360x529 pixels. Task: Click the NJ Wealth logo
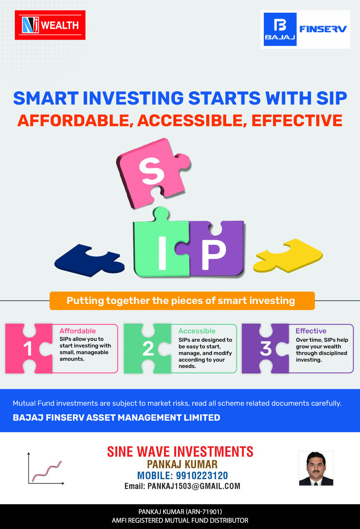(x=50, y=25)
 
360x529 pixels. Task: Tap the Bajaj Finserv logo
(x=305, y=29)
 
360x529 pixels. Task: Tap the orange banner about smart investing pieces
(x=182, y=301)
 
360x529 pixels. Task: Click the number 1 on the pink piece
(x=28, y=349)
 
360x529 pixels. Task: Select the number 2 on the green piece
(x=148, y=349)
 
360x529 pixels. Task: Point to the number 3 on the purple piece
(x=266, y=349)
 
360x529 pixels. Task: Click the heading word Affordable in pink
(x=77, y=331)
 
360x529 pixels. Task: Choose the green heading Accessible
(x=197, y=331)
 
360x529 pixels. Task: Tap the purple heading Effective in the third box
(x=311, y=331)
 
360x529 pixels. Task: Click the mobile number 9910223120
(x=202, y=475)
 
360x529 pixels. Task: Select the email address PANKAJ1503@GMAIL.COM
(x=194, y=486)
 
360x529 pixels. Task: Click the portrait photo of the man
(x=316, y=468)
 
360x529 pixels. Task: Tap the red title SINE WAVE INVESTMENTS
(x=180, y=451)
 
